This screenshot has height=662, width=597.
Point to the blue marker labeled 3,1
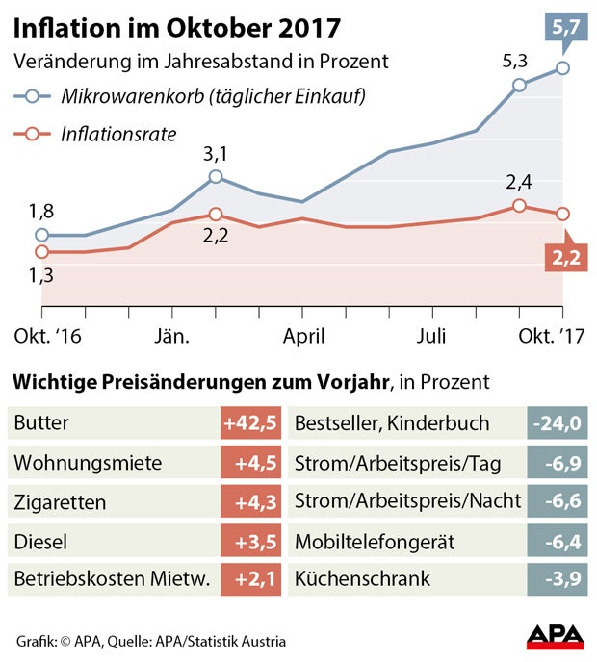point(216,177)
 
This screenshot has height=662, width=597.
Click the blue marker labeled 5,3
point(519,85)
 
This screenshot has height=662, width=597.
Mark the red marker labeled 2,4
point(519,206)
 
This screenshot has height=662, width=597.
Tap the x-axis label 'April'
point(302,337)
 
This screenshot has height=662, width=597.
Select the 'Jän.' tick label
point(172,337)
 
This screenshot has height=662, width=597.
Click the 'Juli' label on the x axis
point(432,337)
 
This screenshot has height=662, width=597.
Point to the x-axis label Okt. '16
point(45,337)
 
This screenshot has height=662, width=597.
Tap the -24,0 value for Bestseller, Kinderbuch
point(558,423)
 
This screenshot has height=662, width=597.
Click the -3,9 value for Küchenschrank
point(558,580)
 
